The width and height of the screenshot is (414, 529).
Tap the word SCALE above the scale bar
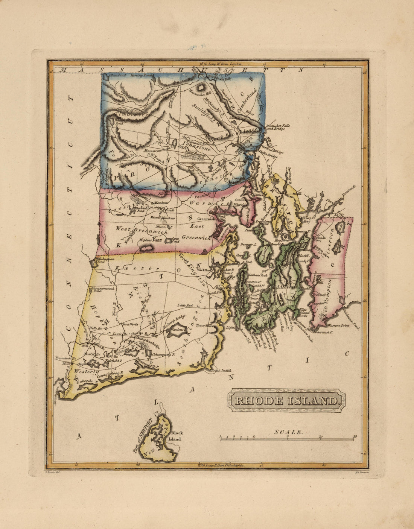[289, 432]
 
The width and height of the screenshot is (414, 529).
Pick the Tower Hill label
[202, 325]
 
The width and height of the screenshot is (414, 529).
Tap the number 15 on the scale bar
[355, 436]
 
